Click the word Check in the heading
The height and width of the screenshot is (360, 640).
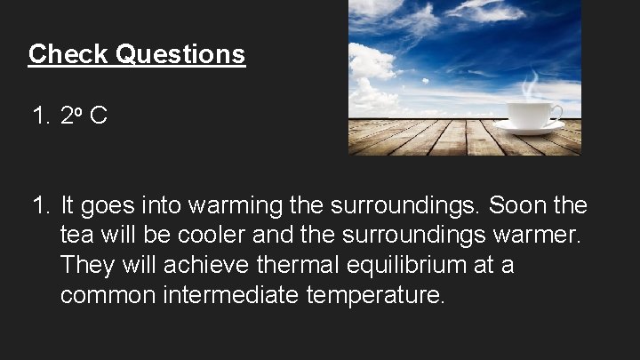point(58,53)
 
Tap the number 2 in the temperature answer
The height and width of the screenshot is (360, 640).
point(67,116)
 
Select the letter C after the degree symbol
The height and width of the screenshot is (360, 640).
point(98,116)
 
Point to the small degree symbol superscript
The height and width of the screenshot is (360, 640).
point(80,111)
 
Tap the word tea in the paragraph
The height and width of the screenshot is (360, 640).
point(77,236)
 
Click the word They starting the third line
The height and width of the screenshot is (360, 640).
point(84,266)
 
